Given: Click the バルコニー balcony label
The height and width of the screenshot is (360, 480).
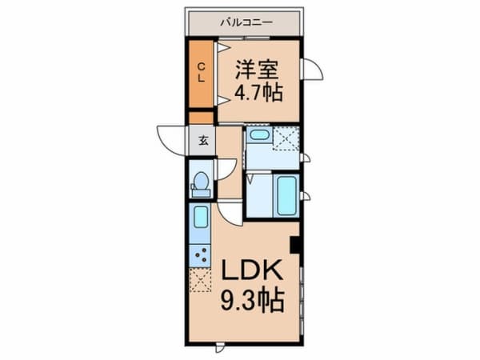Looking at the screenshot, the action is point(246,22).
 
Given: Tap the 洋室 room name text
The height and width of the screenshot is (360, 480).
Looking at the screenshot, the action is point(257,70).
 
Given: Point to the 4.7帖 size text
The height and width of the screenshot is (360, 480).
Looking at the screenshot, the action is point(258,92).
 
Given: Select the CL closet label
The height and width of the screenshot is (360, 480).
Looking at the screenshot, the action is point(201,72).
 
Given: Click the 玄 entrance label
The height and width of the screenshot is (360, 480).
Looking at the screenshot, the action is point(203,141).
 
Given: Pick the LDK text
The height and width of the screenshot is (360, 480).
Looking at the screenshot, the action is point(252,270).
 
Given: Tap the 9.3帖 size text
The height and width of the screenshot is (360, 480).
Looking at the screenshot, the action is point(253,301).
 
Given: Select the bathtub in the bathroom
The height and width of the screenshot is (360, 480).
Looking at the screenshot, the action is point(286,196).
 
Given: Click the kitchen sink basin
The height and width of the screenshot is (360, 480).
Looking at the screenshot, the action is point(201,217).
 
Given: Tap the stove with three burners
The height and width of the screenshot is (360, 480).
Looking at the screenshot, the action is point(200,256).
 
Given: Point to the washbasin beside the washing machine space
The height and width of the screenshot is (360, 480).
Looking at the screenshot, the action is point(259,134).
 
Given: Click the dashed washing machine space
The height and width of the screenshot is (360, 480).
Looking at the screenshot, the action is point(286,139).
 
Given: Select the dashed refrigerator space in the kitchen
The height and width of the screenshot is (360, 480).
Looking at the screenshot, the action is point(200,280).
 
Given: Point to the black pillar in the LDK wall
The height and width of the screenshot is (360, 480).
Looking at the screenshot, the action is point(294,245).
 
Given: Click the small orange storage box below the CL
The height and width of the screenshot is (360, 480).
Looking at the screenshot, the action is point(201,118).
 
